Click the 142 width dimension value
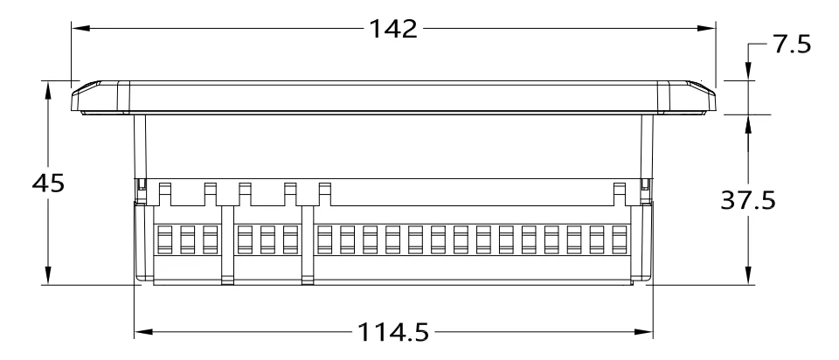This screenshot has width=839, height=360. pos(391,29)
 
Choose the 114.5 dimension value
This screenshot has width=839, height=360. pos(393,333)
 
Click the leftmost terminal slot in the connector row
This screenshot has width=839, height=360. pos(163,240)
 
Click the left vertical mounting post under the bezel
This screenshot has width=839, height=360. pos(139,149)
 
